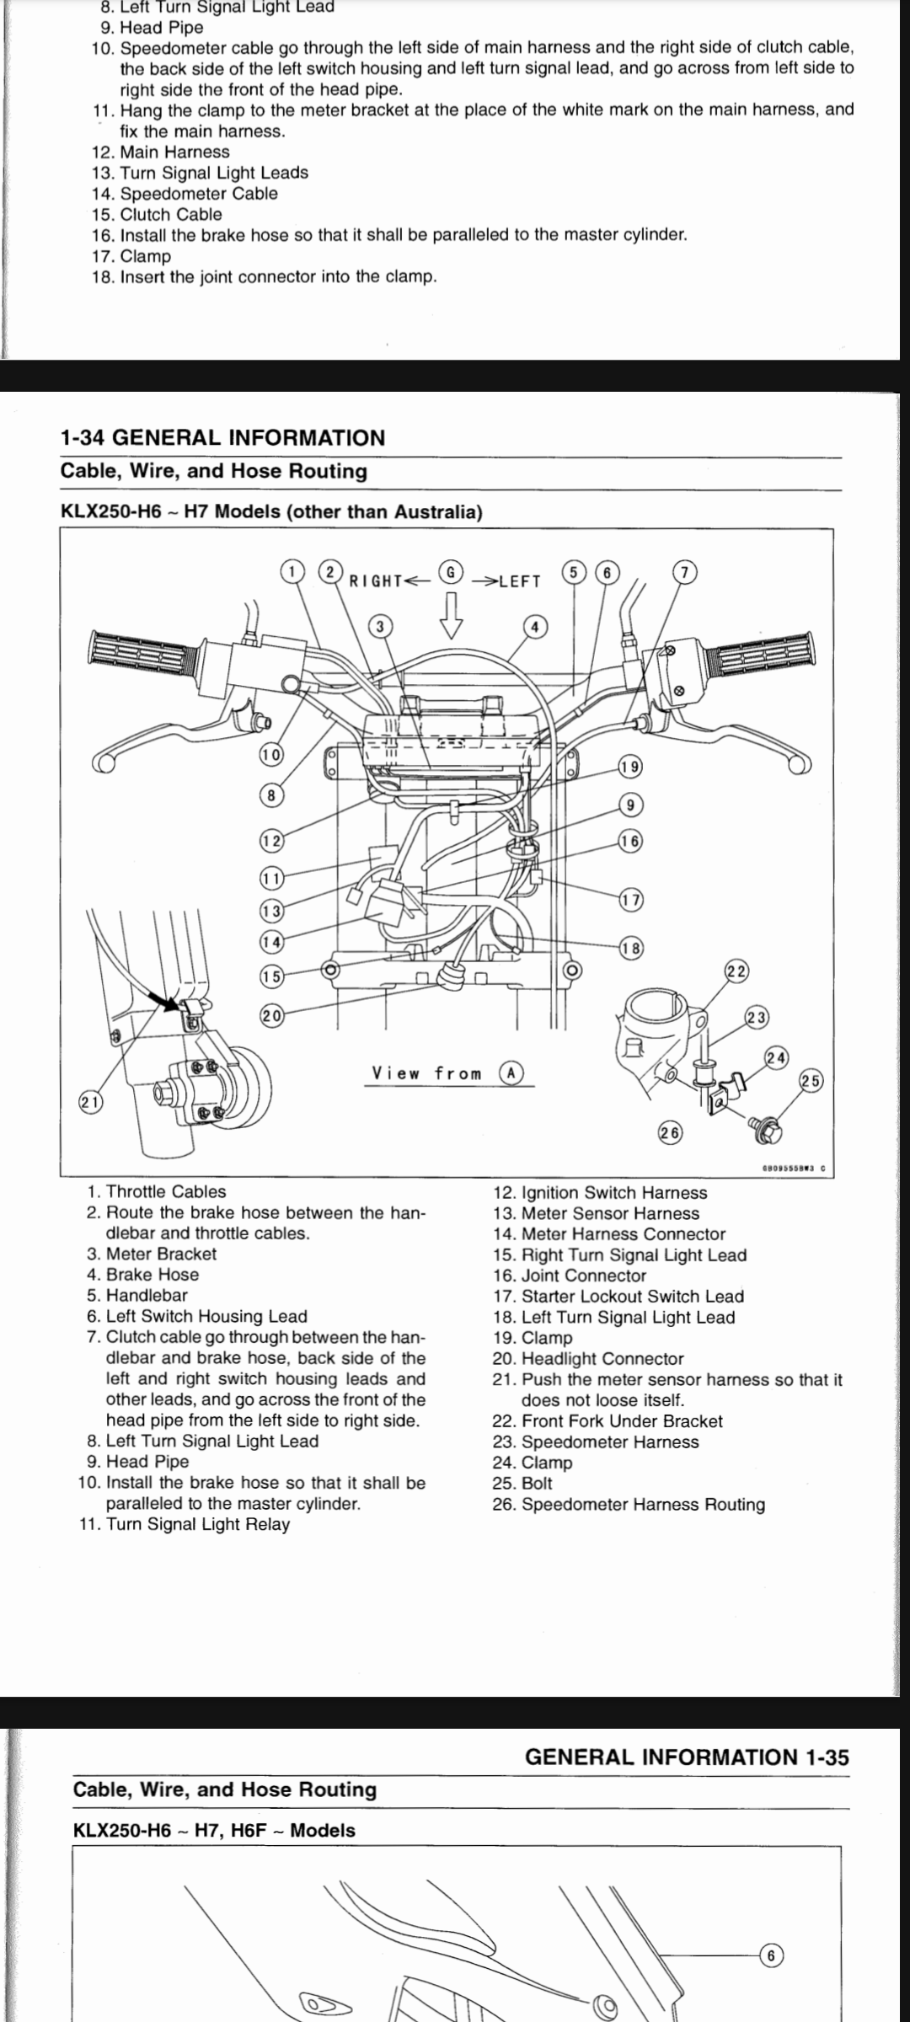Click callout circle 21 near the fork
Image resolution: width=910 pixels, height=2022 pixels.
[x=89, y=1102]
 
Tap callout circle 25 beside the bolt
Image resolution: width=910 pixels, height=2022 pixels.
[x=811, y=1081]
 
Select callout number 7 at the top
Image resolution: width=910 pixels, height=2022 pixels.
[x=684, y=573]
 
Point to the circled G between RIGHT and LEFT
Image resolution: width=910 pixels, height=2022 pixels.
[x=451, y=572]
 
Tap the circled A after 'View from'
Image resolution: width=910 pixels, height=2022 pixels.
[x=511, y=1073]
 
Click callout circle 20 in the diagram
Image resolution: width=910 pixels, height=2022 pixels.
[x=270, y=1015]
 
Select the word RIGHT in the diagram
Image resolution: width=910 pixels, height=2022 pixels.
[x=376, y=580]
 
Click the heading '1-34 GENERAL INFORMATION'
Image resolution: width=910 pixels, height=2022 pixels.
[x=222, y=437]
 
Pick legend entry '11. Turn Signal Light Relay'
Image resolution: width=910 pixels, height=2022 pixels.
[x=185, y=1524]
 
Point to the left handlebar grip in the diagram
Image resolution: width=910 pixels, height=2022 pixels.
[x=143, y=651]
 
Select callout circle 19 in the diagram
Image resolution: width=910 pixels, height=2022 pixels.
[x=630, y=767]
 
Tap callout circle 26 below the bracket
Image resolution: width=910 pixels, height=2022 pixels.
[x=670, y=1133]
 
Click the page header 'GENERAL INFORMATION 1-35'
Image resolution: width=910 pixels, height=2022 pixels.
[x=687, y=1757]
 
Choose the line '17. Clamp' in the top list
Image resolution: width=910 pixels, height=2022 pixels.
[x=131, y=256]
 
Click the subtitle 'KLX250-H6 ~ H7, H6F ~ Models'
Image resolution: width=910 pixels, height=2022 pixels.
[x=214, y=1830]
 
